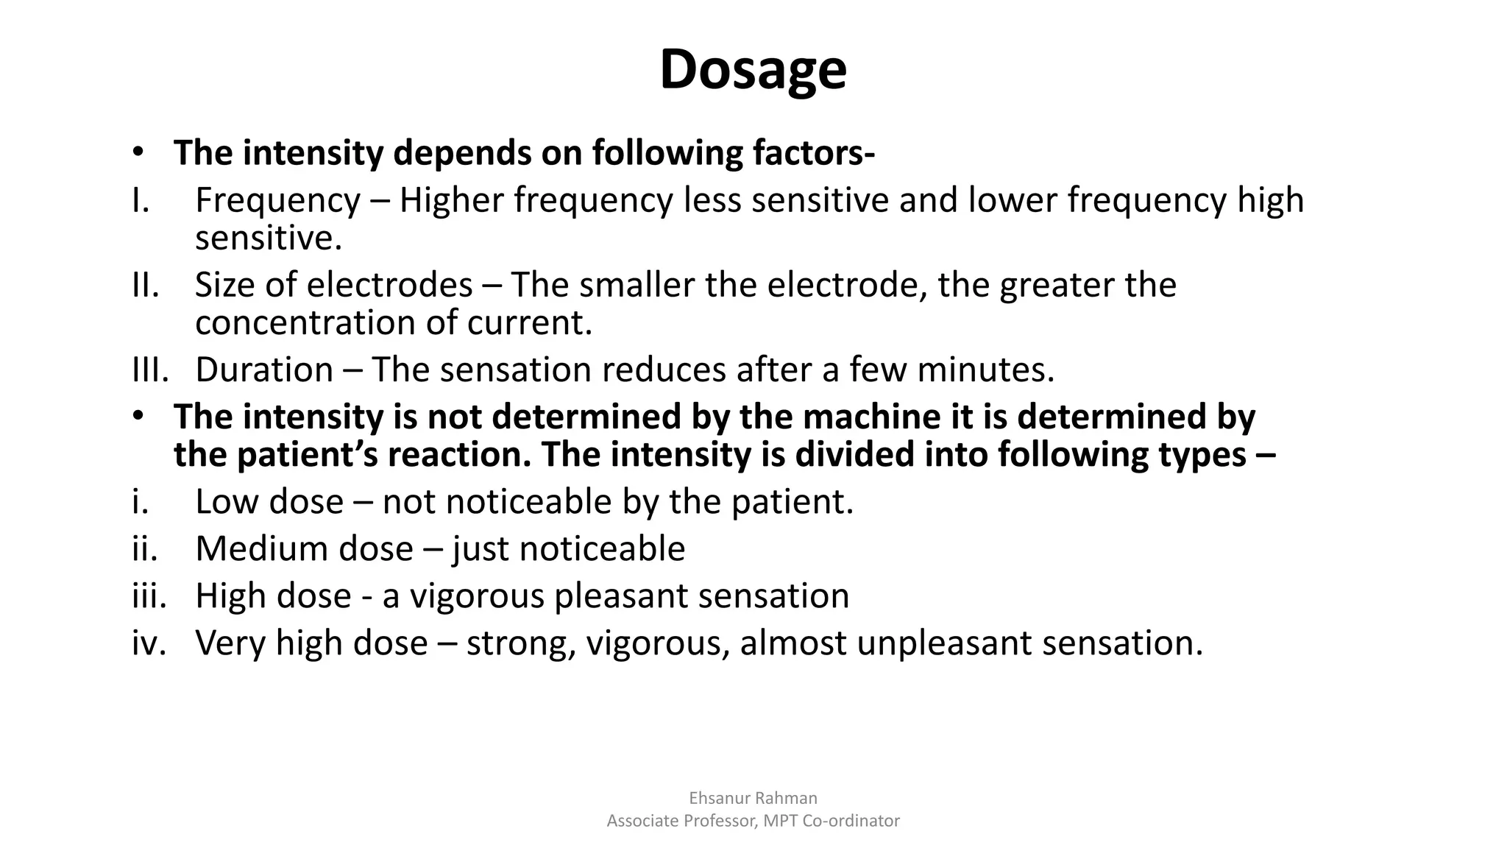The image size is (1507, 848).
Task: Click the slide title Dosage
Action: (753, 70)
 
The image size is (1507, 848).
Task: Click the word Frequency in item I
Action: (277, 201)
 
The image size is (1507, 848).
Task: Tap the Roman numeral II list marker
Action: (145, 285)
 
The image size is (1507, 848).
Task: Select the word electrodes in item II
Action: (389, 285)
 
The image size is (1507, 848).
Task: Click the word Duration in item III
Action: (264, 370)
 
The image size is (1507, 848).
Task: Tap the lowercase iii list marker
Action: (149, 596)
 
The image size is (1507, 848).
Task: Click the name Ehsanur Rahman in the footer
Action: (753, 798)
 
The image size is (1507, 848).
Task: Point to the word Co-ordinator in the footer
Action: (851, 821)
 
